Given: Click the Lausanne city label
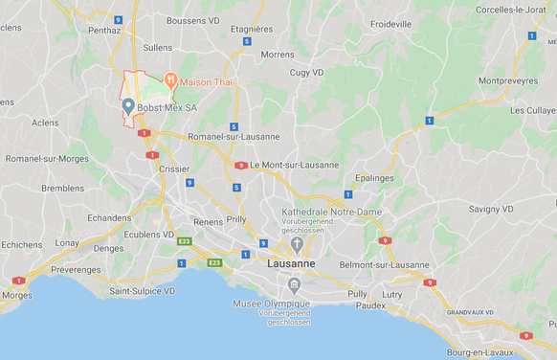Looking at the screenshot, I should pyautogui.click(x=292, y=263).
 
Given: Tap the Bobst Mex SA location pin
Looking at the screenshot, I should pyautogui.click(x=128, y=106).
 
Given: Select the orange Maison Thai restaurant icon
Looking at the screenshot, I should pyautogui.click(x=170, y=81).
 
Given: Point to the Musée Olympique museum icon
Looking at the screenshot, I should pyautogui.click(x=295, y=284).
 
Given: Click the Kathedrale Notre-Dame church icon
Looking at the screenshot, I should pyautogui.click(x=297, y=244).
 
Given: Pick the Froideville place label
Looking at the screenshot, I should pyautogui.click(x=390, y=23).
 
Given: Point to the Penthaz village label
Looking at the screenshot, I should pyautogui.click(x=104, y=30).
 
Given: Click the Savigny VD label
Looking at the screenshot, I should pyautogui.click(x=491, y=209).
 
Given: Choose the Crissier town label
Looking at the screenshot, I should pyautogui.click(x=173, y=168).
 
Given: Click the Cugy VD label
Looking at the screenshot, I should pyautogui.click(x=307, y=72).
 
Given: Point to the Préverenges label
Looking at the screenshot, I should pyautogui.click(x=76, y=270).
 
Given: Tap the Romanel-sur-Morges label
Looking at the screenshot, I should pyautogui.click(x=47, y=158).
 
